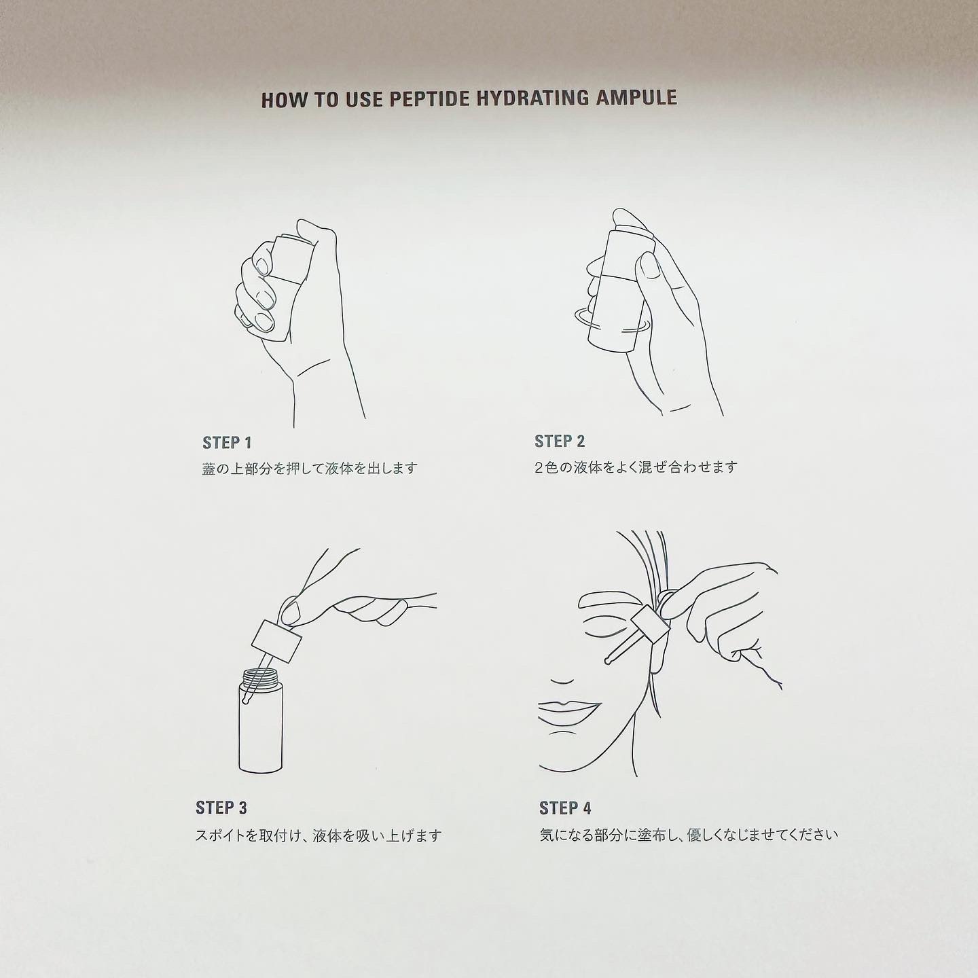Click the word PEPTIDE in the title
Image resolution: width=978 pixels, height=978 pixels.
(429, 98)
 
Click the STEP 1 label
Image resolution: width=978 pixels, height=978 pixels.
(227, 443)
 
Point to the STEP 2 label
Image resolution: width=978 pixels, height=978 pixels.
(559, 441)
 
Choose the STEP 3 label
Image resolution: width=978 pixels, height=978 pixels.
(221, 808)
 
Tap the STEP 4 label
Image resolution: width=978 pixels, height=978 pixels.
(565, 808)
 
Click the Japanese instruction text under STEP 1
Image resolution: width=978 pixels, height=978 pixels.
(310, 468)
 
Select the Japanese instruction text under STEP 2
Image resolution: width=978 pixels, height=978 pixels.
(636, 467)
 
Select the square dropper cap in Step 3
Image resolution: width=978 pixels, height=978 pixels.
(276, 642)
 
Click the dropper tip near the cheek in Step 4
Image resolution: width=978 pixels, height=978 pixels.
(606, 660)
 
